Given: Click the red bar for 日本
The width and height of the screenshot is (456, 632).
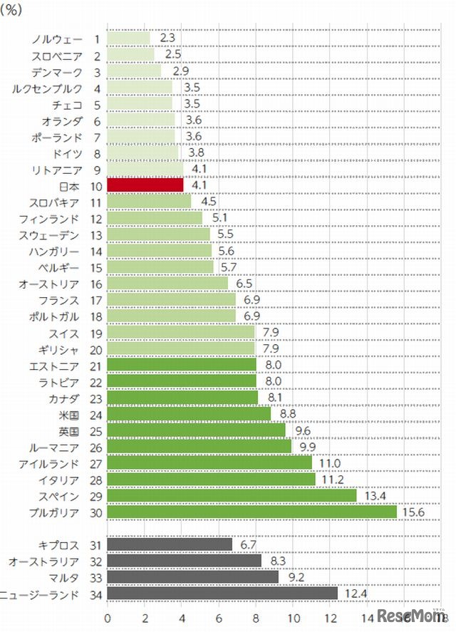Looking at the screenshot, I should (145, 185).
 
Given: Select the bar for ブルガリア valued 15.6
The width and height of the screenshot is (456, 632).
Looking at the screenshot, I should (252, 512).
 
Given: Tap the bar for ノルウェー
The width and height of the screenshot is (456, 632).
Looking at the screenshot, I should (129, 38).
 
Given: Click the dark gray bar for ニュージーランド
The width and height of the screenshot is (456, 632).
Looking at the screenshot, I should (222, 593).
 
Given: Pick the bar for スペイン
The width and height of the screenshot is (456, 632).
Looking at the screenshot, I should (232, 495).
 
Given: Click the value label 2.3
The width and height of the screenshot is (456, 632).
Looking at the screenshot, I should (167, 37).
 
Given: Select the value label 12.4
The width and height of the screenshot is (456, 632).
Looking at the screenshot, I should (354, 593).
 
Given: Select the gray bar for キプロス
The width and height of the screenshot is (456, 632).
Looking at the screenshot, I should (170, 544).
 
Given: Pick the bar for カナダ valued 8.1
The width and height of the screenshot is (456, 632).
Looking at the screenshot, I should (182, 398).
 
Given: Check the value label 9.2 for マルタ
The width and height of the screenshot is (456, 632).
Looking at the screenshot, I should (294, 576).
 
